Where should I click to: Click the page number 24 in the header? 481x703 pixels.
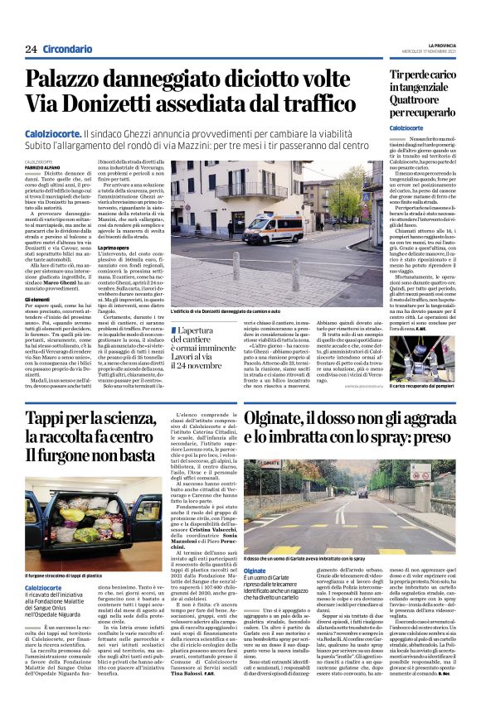click(x=31, y=49)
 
